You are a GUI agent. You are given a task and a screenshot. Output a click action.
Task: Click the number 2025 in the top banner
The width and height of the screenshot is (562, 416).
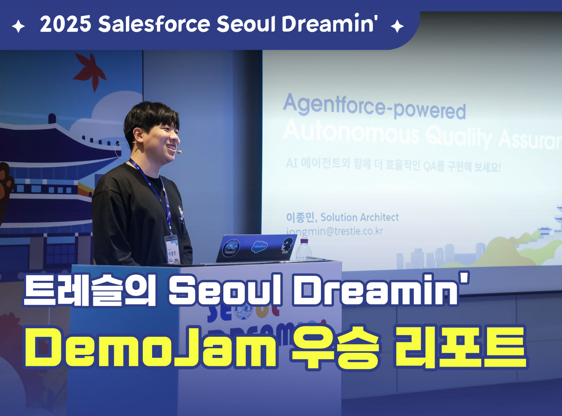65,24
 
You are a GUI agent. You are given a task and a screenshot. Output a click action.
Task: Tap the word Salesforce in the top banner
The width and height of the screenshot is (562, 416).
154,24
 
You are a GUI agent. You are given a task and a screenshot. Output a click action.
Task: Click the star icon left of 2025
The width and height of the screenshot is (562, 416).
18,26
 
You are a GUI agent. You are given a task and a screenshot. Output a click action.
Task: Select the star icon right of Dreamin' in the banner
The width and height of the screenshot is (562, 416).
397,26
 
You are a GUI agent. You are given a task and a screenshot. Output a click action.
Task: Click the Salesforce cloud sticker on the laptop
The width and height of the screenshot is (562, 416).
259,246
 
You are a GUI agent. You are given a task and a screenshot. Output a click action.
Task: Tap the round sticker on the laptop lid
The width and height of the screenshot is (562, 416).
231,248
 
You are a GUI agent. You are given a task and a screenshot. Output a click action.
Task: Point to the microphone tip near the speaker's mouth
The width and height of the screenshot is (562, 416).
179,152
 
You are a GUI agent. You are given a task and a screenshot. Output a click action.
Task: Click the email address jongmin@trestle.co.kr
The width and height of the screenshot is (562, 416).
335,231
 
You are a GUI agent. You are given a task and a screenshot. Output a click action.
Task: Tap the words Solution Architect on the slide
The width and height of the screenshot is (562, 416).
359,217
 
